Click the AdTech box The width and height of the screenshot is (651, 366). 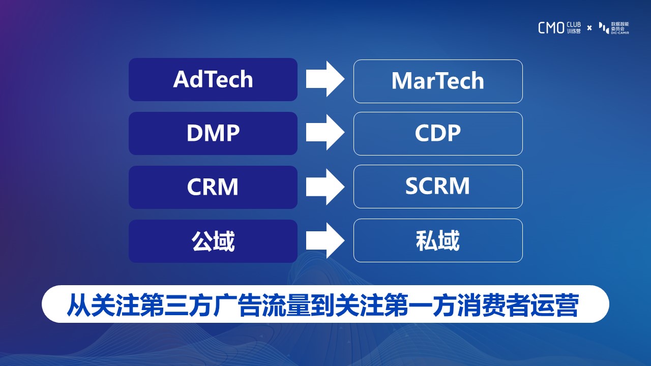point(213,79)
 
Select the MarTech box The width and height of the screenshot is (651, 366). point(438,81)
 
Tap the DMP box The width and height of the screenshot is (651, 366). point(213,133)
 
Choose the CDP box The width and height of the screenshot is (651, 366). point(438,134)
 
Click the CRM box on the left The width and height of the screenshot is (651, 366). point(213,187)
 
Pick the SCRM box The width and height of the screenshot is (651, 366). point(438,187)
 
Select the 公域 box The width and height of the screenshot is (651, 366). point(213,241)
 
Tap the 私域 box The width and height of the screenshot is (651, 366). point(438,240)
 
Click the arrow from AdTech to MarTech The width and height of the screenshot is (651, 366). point(325,79)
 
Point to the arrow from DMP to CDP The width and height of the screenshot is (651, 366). point(325,133)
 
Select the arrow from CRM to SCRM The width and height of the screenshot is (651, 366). point(325,187)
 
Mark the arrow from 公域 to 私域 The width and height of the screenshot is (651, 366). point(325,240)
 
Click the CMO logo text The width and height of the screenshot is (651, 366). point(551,28)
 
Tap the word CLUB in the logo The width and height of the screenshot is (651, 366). point(574,25)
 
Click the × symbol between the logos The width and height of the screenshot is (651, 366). point(589,28)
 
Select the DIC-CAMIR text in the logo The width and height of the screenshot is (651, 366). point(620,33)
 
